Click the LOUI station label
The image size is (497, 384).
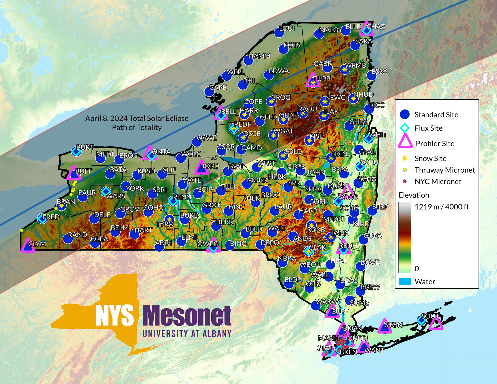[x=287, y=28]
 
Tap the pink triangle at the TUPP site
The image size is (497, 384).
[x=313, y=80]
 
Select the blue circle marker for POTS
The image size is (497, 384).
[x=284, y=49]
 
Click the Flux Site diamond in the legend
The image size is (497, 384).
[x=405, y=128]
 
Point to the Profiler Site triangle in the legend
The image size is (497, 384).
[x=405, y=142]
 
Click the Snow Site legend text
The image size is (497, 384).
[x=430, y=158]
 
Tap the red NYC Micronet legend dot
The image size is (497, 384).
[x=405, y=181]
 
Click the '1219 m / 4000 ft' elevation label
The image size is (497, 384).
[x=442, y=207]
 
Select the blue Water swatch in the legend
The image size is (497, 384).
[x=405, y=281]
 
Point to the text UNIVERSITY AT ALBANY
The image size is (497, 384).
[x=187, y=334]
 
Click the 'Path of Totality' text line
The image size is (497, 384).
[x=137, y=128]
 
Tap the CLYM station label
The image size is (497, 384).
[x=37, y=244]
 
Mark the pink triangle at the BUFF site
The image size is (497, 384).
[x=73, y=173]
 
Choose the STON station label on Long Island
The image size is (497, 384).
[x=393, y=325]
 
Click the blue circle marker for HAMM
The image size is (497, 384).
[x=248, y=60]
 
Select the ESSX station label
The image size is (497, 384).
[x=379, y=71]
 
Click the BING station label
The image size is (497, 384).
[x=238, y=244]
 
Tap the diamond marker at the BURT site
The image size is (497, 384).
[x=76, y=151]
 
